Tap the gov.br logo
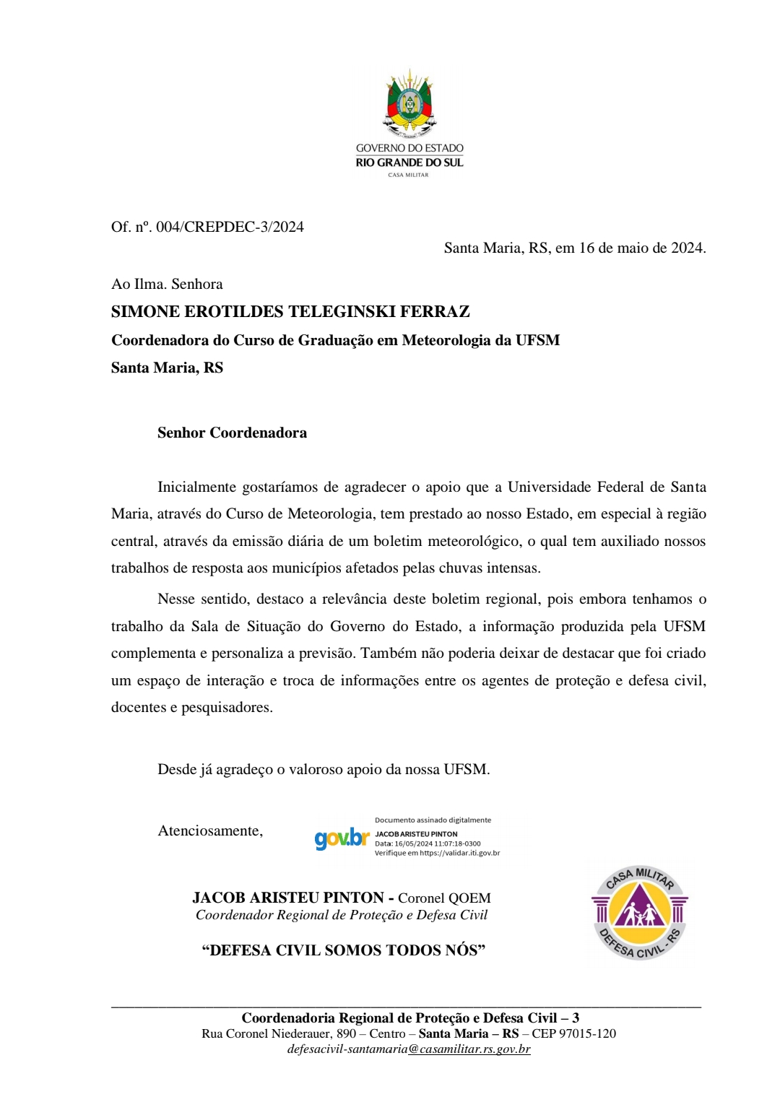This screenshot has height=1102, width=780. point(342,838)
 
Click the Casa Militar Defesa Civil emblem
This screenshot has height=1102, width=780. point(639,914)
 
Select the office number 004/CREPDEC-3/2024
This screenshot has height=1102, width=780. point(230,227)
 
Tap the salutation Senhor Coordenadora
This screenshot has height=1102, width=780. point(232,433)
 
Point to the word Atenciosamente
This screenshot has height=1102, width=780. point(210,830)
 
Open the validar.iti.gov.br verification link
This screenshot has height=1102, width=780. point(460,853)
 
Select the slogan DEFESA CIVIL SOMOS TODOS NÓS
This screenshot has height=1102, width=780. point(343,950)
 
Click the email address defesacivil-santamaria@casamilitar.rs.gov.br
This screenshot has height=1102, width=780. point(409,1049)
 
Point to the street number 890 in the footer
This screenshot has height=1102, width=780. point(346,1033)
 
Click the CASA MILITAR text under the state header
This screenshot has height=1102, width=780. point(408,175)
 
